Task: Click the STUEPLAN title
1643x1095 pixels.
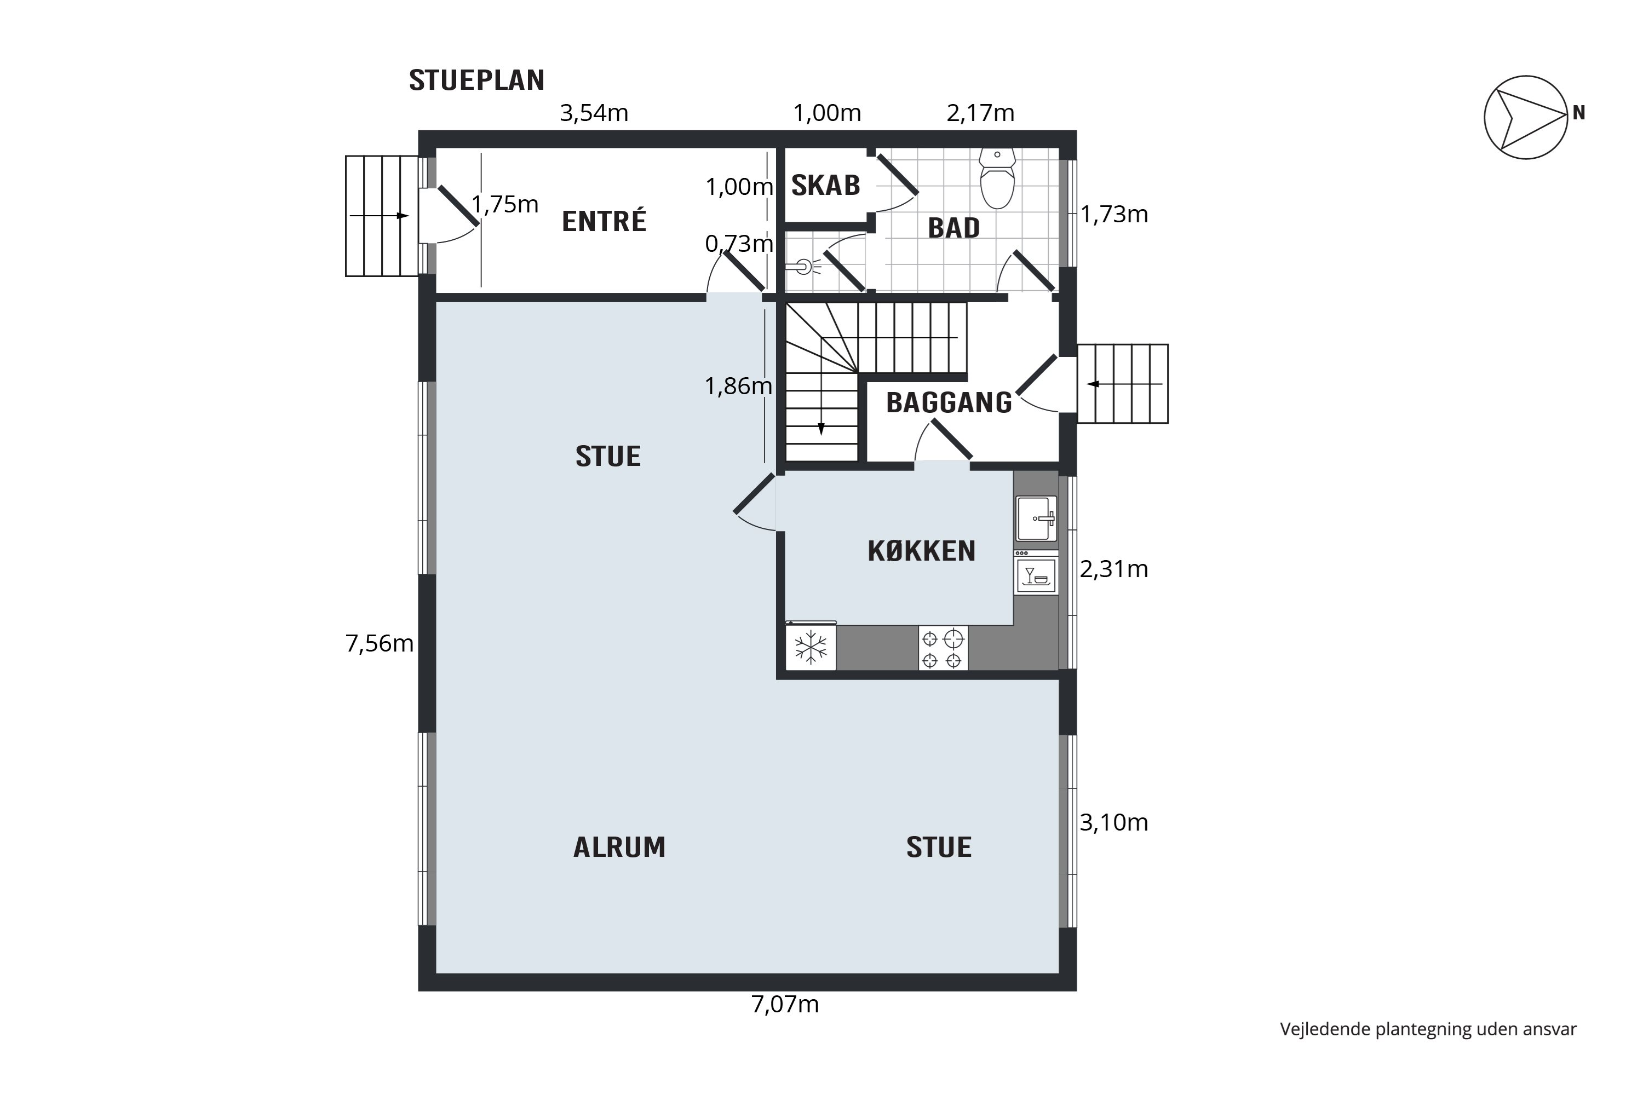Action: [x=476, y=81]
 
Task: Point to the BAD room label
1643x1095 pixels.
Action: [x=953, y=228]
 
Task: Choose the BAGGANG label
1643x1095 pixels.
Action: [x=949, y=403]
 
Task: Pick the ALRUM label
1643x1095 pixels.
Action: [x=619, y=847]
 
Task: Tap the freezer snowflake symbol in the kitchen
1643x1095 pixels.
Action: [x=811, y=647]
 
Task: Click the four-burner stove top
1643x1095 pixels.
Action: [x=943, y=649]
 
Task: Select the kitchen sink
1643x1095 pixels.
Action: [x=1037, y=519]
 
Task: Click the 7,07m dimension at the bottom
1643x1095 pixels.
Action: [x=784, y=1005]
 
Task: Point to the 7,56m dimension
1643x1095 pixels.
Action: [x=380, y=643]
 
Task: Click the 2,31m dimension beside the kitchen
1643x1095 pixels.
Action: [x=1114, y=569]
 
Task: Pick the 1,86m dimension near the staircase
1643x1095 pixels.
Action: [x=738, y=386]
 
